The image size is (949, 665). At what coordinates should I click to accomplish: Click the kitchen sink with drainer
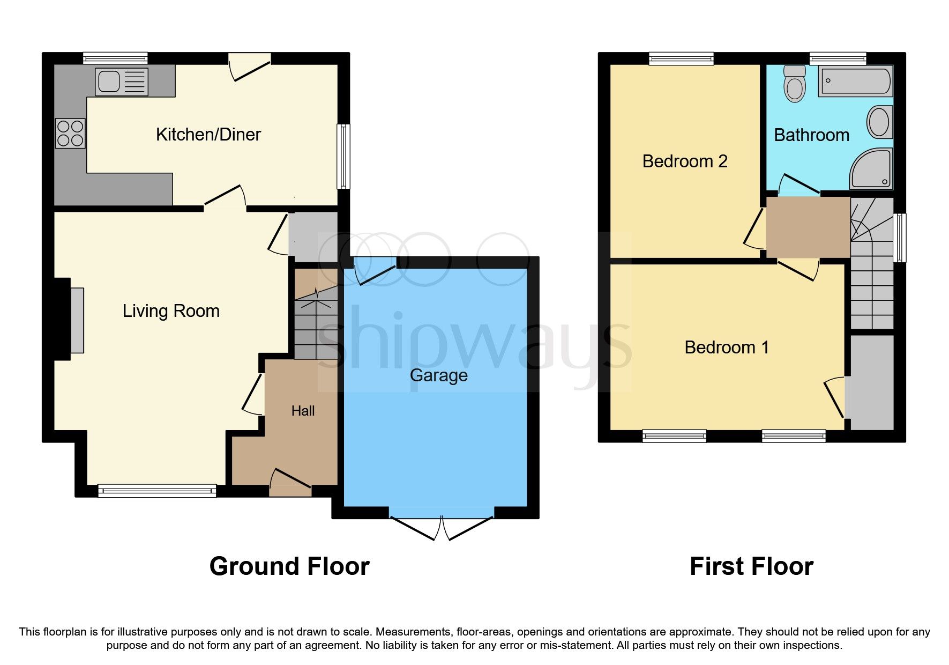point(121,82)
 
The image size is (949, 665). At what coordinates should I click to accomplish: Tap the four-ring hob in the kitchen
point(70,133)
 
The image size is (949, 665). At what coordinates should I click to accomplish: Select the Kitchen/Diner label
point(208,134)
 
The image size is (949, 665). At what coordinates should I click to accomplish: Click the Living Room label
point(171,311)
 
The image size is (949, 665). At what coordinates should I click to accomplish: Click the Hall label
point(303,411)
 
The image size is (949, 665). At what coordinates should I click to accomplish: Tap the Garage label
point(438,375)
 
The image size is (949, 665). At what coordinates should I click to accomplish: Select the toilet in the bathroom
point(794,84)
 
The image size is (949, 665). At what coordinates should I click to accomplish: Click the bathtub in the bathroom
point(856,82)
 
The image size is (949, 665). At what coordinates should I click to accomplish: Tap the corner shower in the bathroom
point(872,168)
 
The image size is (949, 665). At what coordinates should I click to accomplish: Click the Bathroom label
point(811,135)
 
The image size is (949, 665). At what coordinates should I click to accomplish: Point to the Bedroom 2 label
point(684,161)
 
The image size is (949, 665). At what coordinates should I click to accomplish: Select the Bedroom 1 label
point(727,348)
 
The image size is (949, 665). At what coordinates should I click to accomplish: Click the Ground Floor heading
point(289,566)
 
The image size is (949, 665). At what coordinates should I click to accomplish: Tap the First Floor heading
point(751,566)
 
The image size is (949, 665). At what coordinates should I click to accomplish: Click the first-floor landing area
point(808,227)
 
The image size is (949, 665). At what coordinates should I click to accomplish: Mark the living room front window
point(157,490)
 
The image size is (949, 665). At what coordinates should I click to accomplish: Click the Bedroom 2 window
point(681,58)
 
